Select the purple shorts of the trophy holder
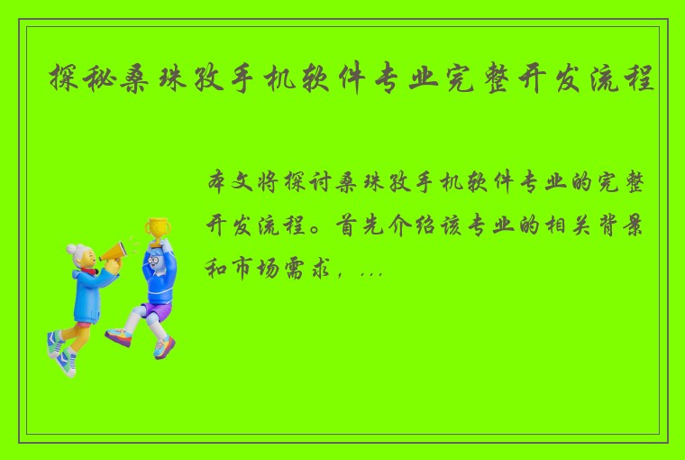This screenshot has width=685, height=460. pyautogui.click(x=154, y=311)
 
